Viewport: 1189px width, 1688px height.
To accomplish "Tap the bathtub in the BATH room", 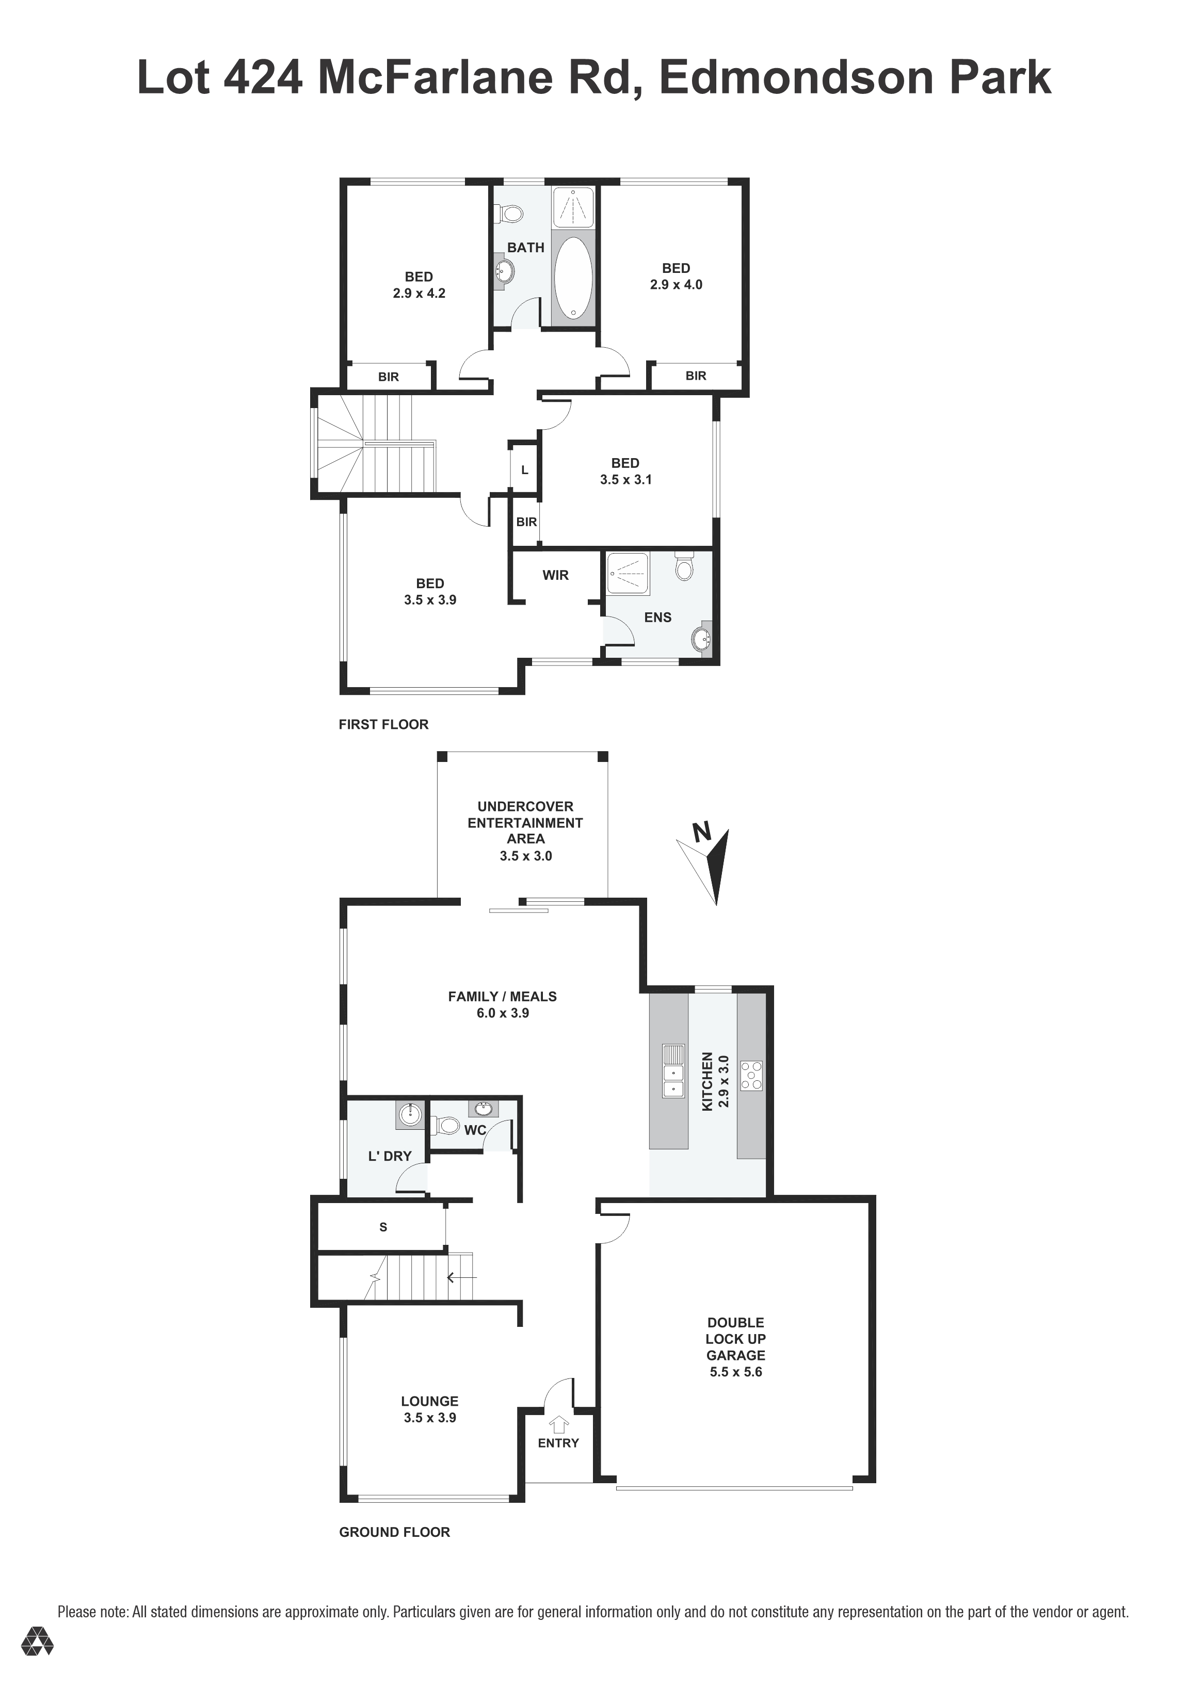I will click(573, 278).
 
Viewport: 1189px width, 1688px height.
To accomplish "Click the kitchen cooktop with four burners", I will click(751, 1075).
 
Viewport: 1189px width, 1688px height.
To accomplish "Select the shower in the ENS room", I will click(627, 574).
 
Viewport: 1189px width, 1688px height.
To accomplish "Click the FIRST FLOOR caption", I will click(383, 724).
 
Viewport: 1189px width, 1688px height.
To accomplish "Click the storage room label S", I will click(383, 1227).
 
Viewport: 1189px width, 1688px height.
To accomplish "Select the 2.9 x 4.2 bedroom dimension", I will click(419, 293).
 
